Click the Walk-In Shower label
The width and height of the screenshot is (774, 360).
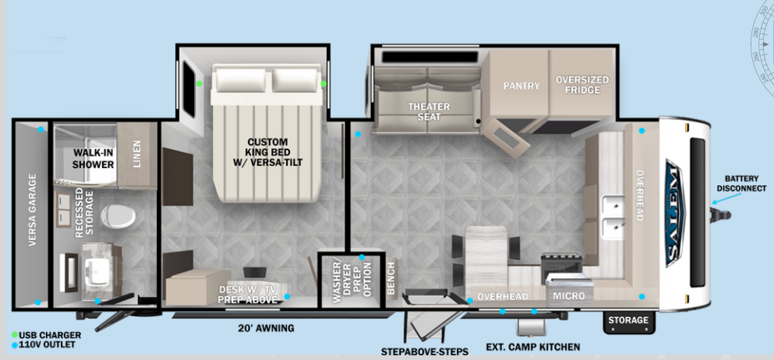(94, 158)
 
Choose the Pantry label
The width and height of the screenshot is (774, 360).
(521, 86)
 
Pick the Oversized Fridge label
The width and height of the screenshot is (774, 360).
(582, 85)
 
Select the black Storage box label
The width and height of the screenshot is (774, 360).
(628, 320)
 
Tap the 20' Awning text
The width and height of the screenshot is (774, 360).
(266, 328)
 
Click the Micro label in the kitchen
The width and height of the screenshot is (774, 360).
(568, 297)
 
